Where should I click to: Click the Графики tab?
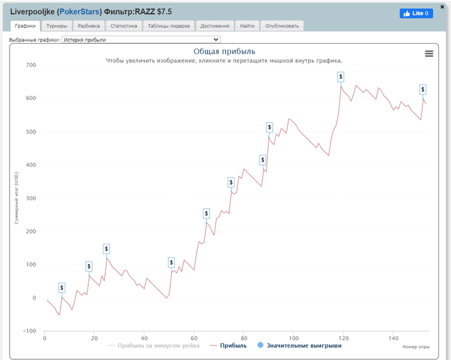coord(26,26)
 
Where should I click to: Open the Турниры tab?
coord(57,26)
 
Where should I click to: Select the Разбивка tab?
coord(88,26)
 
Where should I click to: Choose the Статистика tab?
coord(124,26)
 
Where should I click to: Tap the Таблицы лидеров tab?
coord(168,26)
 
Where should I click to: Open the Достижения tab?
coord(215,26)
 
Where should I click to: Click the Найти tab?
coord(247,26)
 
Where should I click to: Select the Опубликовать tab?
coord(282,26)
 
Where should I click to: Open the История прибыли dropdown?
coord(141,40)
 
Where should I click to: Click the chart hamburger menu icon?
coord(429,53)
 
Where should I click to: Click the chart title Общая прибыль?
coord(224,52)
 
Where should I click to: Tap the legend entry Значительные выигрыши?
coord(299,346)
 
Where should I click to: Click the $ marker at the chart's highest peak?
coord(341,77)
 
